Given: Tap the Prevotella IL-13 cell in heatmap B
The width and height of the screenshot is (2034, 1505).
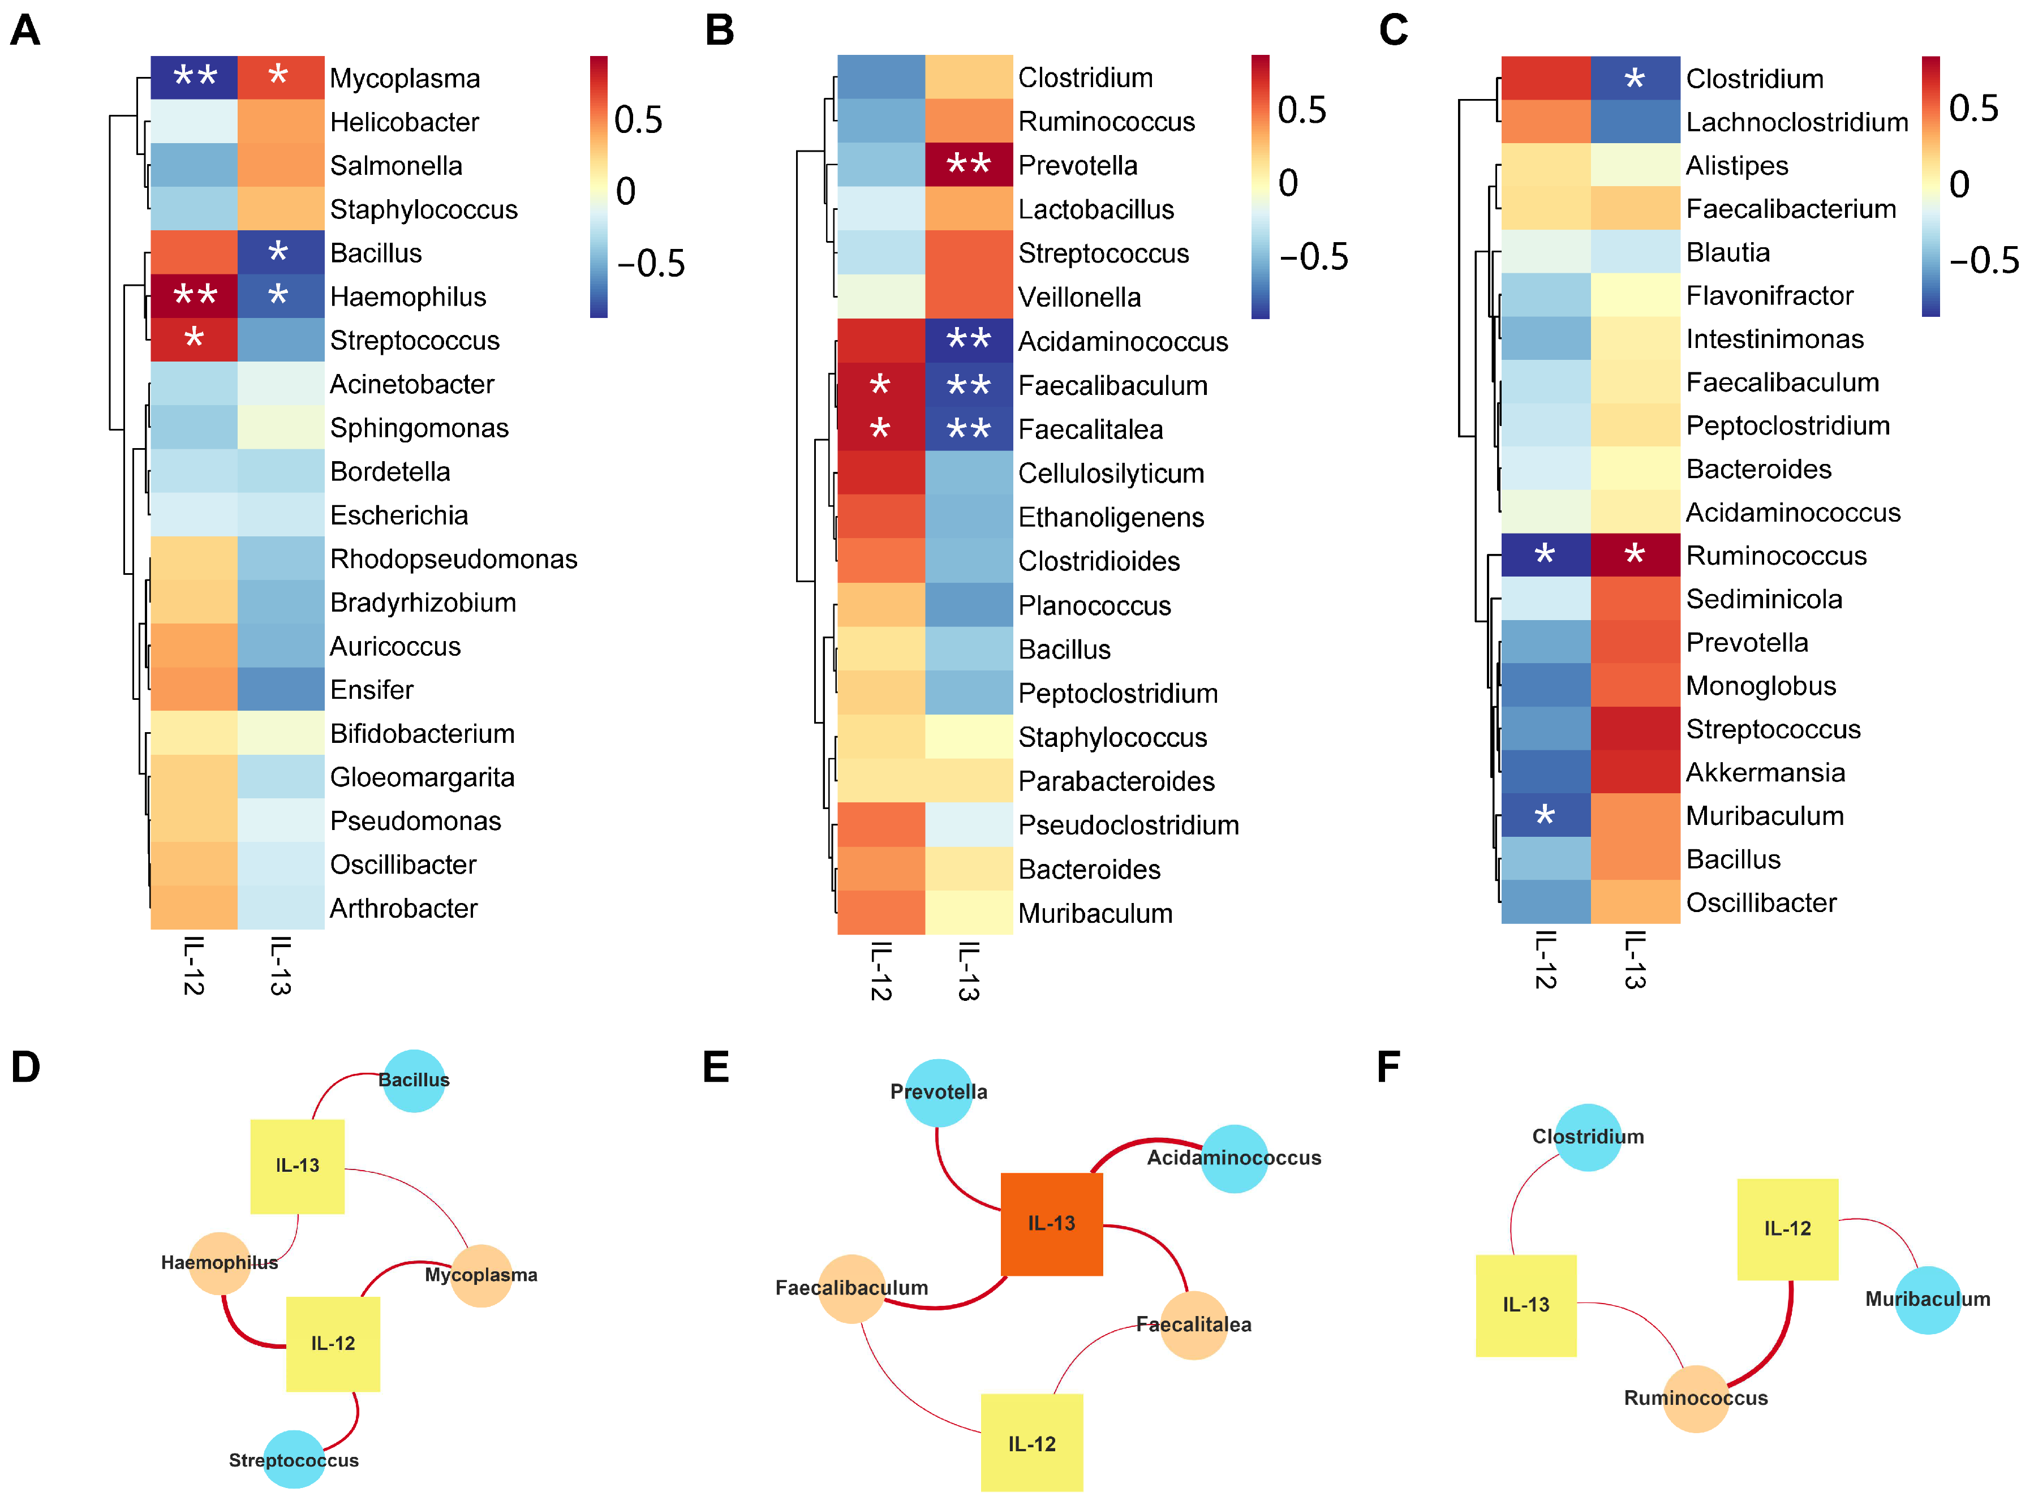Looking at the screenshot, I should click(x=968, y=165).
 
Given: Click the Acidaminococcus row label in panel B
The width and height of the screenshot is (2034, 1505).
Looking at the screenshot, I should click(x=1122, y=342).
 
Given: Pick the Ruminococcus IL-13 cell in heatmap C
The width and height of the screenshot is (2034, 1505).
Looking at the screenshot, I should click(x=1635, y=555).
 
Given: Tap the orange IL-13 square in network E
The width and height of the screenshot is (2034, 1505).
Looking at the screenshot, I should click(x=1051, y=1223).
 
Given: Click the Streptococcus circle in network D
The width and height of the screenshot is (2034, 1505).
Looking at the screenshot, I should click(x=293, y=1459).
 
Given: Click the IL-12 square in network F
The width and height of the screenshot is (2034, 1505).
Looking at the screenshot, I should click(x=1787, y=1228).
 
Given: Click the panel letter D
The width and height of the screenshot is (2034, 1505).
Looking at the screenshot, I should click(x=25, y=1067).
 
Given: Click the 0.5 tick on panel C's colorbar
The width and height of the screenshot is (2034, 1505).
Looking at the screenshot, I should click(x=1973, y=109).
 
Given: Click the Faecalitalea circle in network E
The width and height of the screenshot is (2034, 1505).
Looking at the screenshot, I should click(x=1193, y=1325).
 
